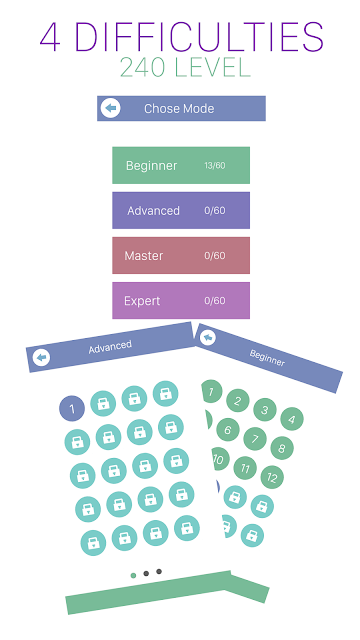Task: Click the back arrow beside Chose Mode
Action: pyautogui.click(x=110, y=108)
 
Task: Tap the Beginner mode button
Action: pyautogui.click(x=181, y=165)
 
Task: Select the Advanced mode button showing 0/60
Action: pyautogui.click(x=181, y=210)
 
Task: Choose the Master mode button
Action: pyautogui.click(x=181, y=256)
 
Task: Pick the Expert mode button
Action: pyautogui.click(x=181, y=300)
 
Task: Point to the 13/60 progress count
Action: pyautogui.click(x=215, y=166)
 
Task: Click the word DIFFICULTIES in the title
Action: pyautogui.click(x=199, y=37)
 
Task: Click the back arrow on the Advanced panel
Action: pyautogui.click(x=41, y=358)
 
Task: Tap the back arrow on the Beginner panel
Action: pyautogui.click(x=208, y=338)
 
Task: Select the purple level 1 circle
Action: pyautogui.click(x=72, y=409)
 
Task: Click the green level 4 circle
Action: pyautogui.click(x=292, y=418)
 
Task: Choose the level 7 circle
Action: pyautogui.click(x=255, y=439)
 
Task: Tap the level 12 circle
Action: pyautogui.click(x=272, y=477)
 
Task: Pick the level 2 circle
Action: pyautogui.click(x=238, y=401)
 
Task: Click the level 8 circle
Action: pyautogui.click(x=282, y=448)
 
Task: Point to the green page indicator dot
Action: pyautogui.click(x=133, y=576)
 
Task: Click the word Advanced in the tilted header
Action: pyautogui.click(x=110, y=347)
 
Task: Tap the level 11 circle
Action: pyautogui.click(x=245, y=468)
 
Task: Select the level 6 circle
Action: pyautogui.click(x=228, y=429)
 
